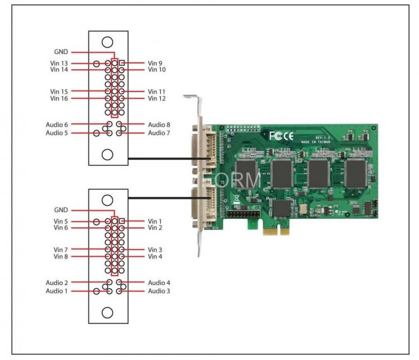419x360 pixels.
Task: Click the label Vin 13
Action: (59, 63)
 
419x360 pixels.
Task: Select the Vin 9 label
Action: (155, 63)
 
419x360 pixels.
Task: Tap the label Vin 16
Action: (59, 98)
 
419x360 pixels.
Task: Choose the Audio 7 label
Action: (159, 133)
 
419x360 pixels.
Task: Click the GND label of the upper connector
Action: (61, 51)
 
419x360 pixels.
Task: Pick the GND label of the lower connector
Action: (61, 210)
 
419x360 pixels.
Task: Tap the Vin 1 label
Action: (155, 222)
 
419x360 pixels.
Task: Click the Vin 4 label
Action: (155, 256)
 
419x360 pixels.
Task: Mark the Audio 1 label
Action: (56, 291)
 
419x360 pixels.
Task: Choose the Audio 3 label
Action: (159, 291)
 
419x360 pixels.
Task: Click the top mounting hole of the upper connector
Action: (108, 42)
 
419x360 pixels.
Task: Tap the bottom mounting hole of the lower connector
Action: (108, 311)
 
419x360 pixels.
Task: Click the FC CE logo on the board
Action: (281, 136)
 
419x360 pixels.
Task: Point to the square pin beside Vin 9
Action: (122, 63)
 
